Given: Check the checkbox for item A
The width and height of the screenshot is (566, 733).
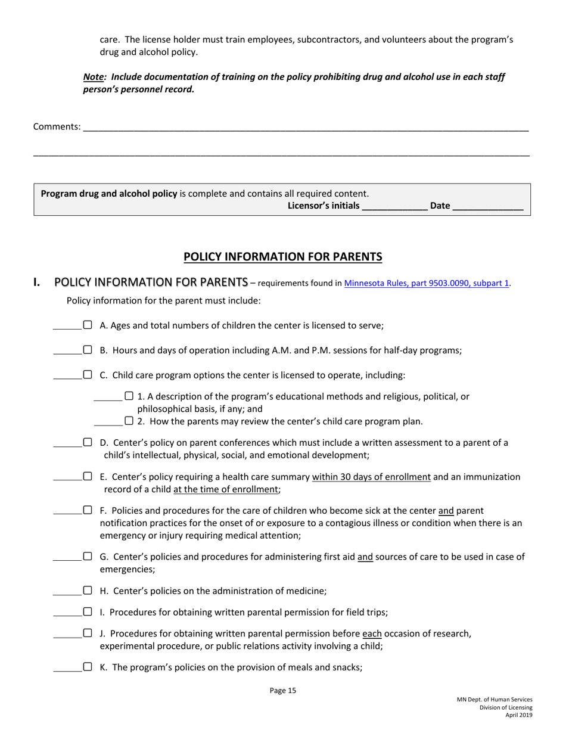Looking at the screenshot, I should pyautogui.click(x=88, y=325).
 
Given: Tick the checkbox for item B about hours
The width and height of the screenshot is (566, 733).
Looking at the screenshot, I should pyautogui.click(x=88, y=350).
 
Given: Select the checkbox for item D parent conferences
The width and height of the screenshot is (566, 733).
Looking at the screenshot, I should pyautogui.click(x=88, y=443).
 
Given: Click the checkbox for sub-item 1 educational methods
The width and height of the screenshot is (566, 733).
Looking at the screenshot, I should pyautogui.click(x=129, y=396).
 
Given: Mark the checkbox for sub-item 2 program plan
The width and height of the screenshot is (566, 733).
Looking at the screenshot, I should pyautogui.click(x=129, y=421).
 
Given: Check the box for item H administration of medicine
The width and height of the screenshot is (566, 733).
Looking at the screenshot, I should pyautogui.click(x=88, y=591).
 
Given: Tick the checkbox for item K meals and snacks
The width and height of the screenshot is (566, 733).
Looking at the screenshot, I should pyautogui.click(x=88, y=667).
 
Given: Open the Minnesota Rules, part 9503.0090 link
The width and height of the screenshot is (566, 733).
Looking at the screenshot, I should pyautogui.click(x=427, y=284).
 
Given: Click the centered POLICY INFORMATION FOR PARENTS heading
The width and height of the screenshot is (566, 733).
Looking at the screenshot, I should pyautogui.click(x=282, y=257).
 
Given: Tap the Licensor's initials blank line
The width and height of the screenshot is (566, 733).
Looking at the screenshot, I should pyautogui.click(x=394, y=207).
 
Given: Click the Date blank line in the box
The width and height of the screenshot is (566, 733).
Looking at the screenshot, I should pyautogui.click(x=487, y=207).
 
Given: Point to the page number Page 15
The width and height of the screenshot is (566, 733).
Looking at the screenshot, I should pyautogui.click(x=282, y=691).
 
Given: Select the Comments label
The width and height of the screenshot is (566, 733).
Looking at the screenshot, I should pyautogui.click(x=57, y=126).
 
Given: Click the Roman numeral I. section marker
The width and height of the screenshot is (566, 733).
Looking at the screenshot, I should pyautogui.click(x=38, y=282).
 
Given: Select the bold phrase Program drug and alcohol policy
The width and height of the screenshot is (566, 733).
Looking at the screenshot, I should pyautogui.click(x=108, y=194).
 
